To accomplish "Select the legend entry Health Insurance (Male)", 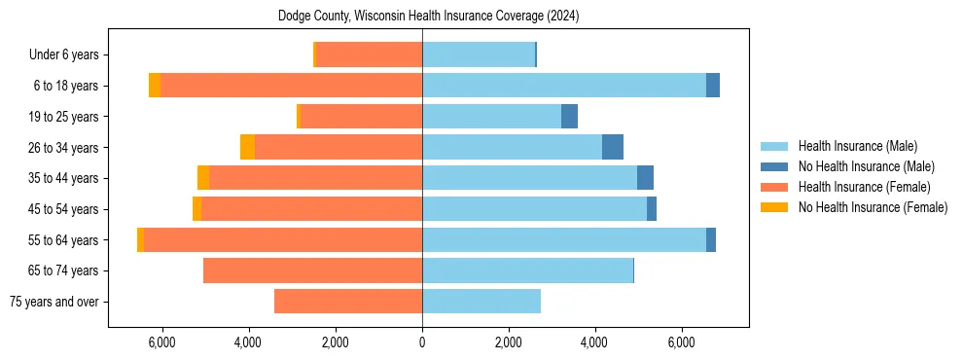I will pos(857,146).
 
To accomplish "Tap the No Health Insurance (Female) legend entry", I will pos(873,207).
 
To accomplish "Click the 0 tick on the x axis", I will pos(422,342).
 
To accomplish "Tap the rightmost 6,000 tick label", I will pos(682,342).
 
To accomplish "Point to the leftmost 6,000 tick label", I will pos(161,342).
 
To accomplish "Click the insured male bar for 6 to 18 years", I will pos(564,86).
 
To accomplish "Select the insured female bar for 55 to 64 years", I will pos(282,239).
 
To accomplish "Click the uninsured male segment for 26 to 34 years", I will pos(613,147).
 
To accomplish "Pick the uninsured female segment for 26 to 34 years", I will pos(247,147).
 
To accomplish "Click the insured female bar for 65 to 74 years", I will pos(312,270).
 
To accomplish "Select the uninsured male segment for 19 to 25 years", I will pos(570,116).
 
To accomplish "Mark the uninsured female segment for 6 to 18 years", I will pos(155,86).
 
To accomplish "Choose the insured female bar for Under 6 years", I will pos(370,54).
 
